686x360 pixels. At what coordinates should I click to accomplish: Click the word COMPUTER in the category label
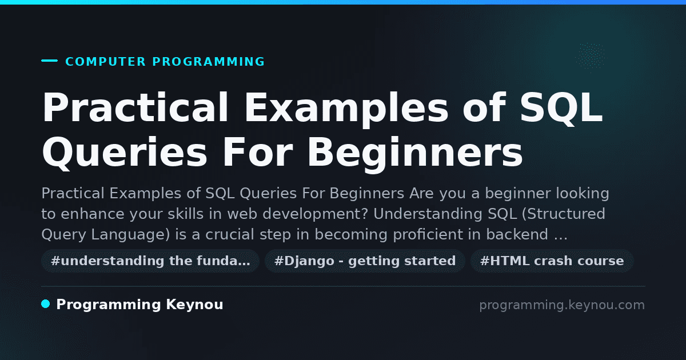point(105,62)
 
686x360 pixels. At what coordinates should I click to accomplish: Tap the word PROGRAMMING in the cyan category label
point(208,62)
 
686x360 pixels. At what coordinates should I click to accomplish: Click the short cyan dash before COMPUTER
point(49,61)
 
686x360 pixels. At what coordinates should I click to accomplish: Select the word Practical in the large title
point(135,107)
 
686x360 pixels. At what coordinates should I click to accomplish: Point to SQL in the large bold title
point(561,107)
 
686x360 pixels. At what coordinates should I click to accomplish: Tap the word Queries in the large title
point(125,152)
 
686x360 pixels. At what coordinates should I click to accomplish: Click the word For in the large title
point(258,152)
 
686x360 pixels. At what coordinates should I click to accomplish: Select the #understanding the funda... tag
point(150,261)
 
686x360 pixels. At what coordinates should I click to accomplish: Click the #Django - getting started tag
point(365,261)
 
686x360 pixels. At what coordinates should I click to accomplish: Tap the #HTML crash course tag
point(552,261)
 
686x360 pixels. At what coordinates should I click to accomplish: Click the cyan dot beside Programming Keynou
point(46,304)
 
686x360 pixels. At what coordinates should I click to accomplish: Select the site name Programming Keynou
point(139,305)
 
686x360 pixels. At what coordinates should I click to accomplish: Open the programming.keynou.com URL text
point(562,305)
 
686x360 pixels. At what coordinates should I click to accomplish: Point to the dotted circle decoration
point(591,57)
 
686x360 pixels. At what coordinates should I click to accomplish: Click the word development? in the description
point(315,214)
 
